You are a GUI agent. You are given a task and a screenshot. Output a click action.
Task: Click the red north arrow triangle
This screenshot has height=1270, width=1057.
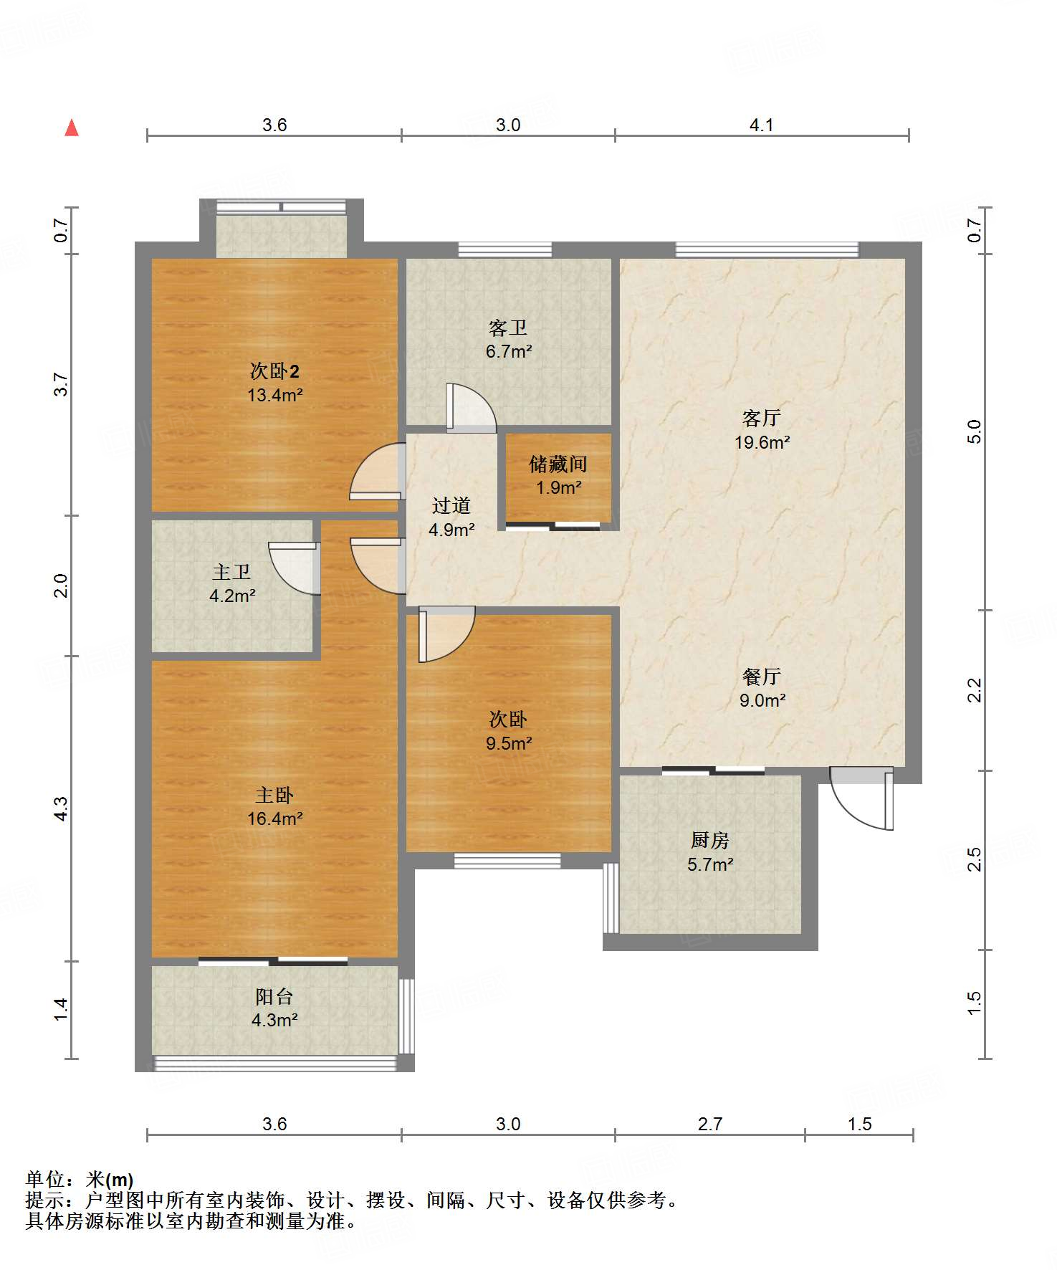click(x=72, y=128)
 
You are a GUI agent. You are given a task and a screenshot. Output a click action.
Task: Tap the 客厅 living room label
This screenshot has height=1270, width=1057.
click(x=762, y=418)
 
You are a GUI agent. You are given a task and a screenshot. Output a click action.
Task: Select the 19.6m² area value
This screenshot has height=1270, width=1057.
click(x=762, y=442)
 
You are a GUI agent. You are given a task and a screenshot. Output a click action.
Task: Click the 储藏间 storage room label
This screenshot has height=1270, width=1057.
click(x=558, y=464)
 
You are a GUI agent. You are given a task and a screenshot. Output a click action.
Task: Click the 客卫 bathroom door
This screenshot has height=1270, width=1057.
click(x=471, y=408)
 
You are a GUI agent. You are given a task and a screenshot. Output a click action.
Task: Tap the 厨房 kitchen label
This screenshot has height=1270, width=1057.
click(x=710, y=840)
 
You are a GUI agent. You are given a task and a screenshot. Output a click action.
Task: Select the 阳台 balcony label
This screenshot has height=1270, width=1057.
click(x=274, y=996)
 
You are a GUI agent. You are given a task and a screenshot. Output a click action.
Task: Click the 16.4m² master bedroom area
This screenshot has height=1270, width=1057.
click(x=274, y=818)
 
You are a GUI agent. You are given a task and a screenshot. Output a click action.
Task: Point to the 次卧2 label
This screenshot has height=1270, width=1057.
click(x=274, y=371)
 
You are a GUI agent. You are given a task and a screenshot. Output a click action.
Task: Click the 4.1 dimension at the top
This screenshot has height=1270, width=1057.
click(x=762, y=125)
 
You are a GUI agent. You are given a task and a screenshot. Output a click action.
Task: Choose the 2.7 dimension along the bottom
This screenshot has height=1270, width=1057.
click(x=710, y=1124)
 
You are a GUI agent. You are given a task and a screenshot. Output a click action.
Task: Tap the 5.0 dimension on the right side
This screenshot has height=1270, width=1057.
click(x=975, y=431)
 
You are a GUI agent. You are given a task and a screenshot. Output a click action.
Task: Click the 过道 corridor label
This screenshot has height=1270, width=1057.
click(x=451, y=505)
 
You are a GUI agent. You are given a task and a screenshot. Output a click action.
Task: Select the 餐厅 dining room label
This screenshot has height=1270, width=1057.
click(x=762, y=676)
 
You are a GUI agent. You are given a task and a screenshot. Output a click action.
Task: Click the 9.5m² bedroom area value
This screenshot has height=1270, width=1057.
click(x=509, y=743)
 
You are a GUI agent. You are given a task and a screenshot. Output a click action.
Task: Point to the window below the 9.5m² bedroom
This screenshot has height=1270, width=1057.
click(x=507, y=861)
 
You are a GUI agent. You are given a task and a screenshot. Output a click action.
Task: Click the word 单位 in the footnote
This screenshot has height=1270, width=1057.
click(x=45, y=1179)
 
